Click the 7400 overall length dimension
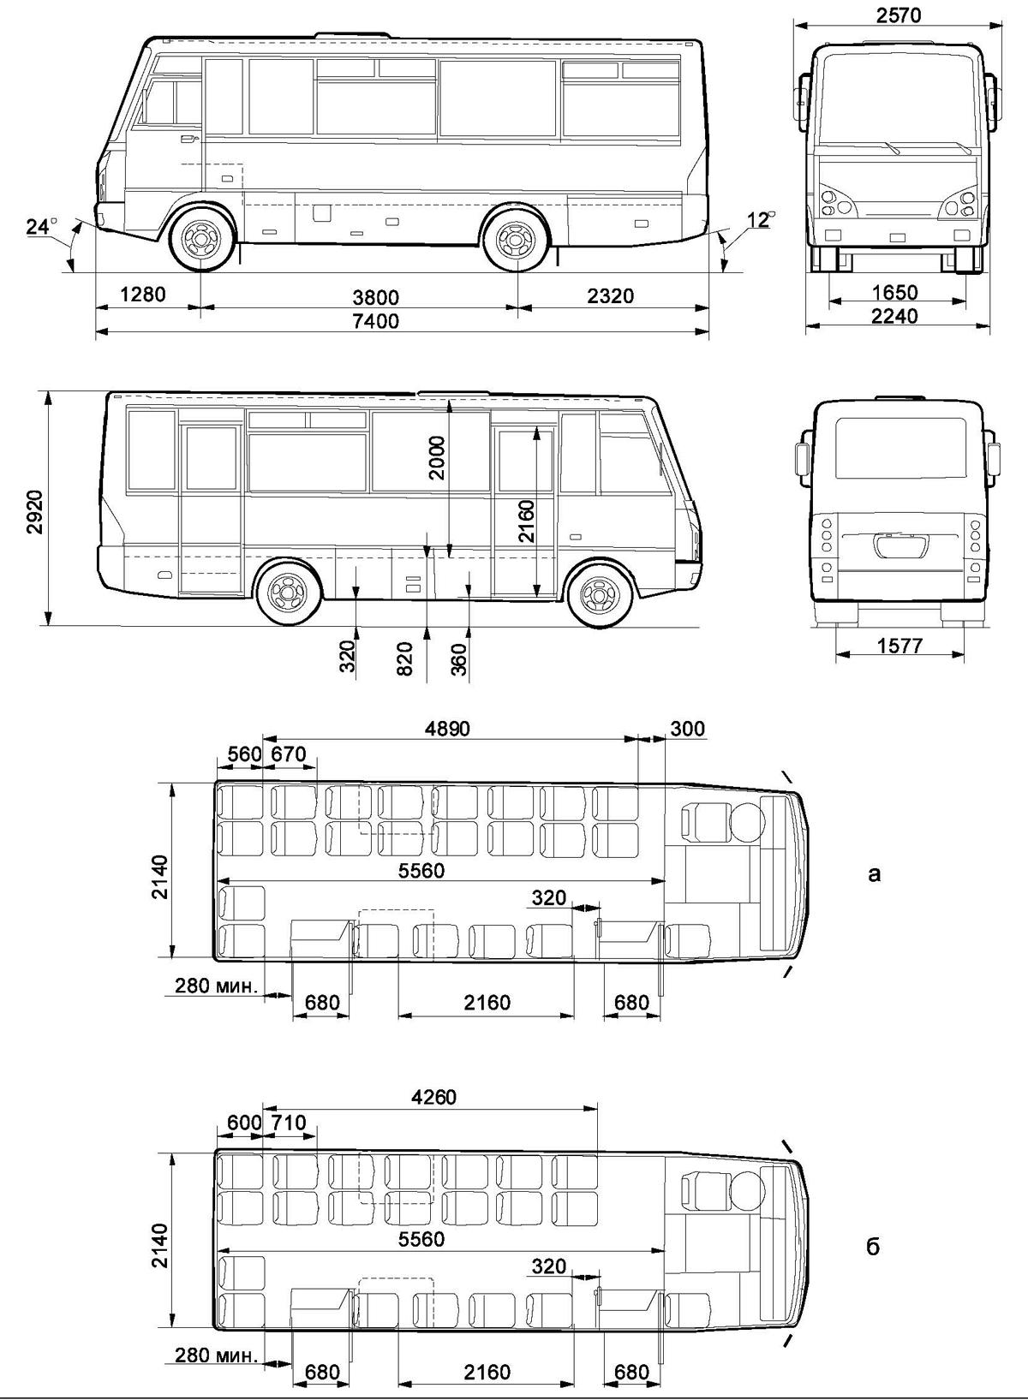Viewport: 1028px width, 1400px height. [x=375, y=321]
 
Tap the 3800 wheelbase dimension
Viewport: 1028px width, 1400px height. [x=375, y=297]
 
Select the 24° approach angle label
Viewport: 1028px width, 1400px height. [x=41, y=225]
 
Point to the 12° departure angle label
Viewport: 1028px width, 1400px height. [x=761, y=220]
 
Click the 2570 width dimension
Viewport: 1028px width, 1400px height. [x=899, y=15]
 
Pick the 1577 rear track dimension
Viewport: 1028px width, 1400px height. [x=899, y=646]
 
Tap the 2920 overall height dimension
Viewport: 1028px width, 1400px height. [x=35, y=512]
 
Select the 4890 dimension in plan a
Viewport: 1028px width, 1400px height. [x=447, y=729]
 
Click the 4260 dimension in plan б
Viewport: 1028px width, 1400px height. [x=433, y=1097]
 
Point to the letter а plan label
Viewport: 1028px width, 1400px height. [x=874, y=873]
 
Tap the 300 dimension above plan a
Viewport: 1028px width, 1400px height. [x=687, y=729]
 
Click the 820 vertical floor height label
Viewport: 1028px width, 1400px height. [x=405, y=658]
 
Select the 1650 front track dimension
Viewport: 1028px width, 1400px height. [x=895, y=293]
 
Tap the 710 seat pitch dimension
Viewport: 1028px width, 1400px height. [x=288, y=1123]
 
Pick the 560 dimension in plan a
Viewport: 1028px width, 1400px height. [x=244, y=754]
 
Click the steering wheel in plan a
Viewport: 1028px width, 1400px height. [x=747, y=822]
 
